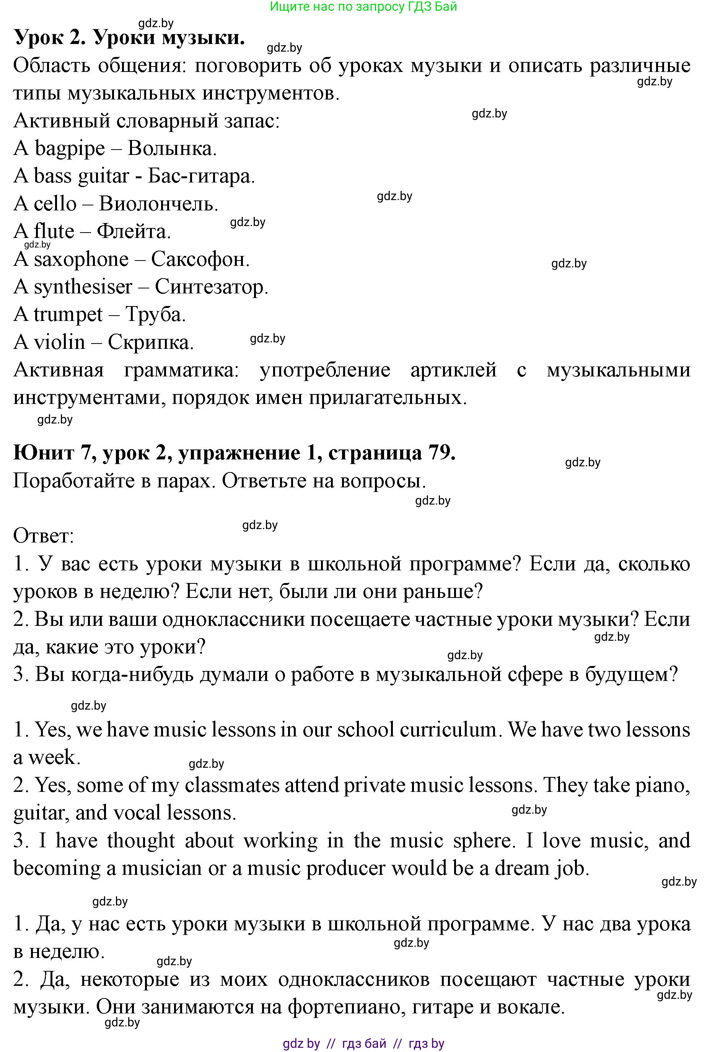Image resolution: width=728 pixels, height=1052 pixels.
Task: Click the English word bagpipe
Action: tap(69, 149)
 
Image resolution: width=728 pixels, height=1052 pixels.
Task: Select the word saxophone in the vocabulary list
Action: tap(81, 259)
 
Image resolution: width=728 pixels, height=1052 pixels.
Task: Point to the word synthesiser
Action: tap(83, 287)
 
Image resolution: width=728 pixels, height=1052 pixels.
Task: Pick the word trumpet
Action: tap(68, 314)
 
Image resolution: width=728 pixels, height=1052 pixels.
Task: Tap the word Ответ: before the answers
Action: tap(43, 535)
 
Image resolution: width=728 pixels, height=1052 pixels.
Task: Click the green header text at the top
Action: tap(363, 7)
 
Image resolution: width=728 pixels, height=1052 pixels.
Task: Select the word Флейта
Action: tap(133, 232)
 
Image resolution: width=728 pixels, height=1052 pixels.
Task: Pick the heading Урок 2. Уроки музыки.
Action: tap(129, 37)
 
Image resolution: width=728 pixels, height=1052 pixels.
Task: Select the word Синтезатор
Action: tap(211, 287)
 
